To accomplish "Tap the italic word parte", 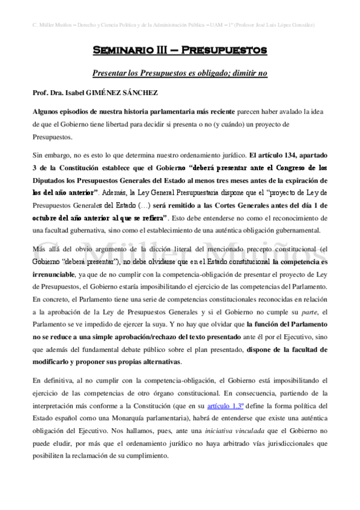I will (x=308, y=311).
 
